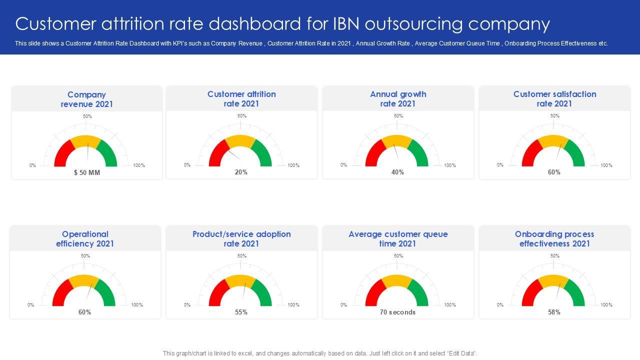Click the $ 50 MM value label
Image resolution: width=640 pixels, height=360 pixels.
tap(87, 172)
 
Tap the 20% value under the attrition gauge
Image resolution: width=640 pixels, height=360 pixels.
tap(241, 172)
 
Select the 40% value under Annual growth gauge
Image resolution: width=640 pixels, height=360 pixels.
tap(397, 172)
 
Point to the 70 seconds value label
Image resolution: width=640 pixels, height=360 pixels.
tap(397, 312)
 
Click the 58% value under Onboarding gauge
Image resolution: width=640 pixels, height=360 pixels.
tap(554, 312)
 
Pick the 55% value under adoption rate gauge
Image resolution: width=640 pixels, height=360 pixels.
tap(241, 312)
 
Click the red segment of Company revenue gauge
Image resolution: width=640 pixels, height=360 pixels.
tap(61, 154)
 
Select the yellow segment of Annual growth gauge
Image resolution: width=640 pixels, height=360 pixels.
tap(397, 140)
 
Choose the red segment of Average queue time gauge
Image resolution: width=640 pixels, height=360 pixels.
tap(372, 294)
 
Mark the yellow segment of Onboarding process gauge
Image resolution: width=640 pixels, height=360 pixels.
tap(553, 280)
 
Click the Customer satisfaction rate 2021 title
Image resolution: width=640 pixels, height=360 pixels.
tap(554, 99)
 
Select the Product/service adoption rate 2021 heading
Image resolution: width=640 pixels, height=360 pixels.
tap(241, 239)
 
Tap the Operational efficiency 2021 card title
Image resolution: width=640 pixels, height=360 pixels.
tap(85, 239)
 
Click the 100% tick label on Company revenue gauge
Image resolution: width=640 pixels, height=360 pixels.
tap(139, 165)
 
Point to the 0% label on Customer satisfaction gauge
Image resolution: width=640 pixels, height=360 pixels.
tap(500, 165)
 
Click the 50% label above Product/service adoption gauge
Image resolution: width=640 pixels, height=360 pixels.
tap(242, 256)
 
